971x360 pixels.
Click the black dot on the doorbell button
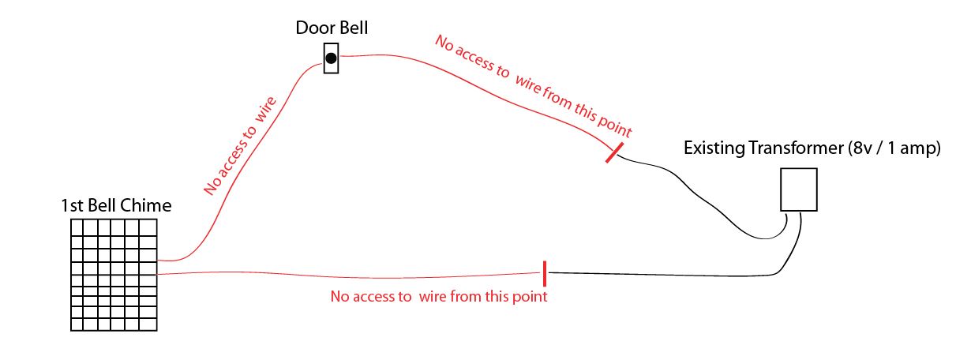tap(332, 58)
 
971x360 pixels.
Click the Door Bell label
tap(332, 28)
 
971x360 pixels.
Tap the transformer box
tap(798, 189)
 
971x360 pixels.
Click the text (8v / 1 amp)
tap(893, 148)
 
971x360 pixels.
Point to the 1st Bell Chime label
tap(116, 205)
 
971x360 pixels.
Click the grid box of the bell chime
tap(114, 275)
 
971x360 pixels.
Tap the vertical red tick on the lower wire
tap(545, 274)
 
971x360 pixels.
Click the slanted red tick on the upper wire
tap(615, 152)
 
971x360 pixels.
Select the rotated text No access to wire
tap(240, 146)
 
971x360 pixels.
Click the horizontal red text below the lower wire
tap(439, 297)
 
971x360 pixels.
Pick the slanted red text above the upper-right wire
tap(534, 86)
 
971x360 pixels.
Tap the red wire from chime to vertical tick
tap(351, 276)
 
